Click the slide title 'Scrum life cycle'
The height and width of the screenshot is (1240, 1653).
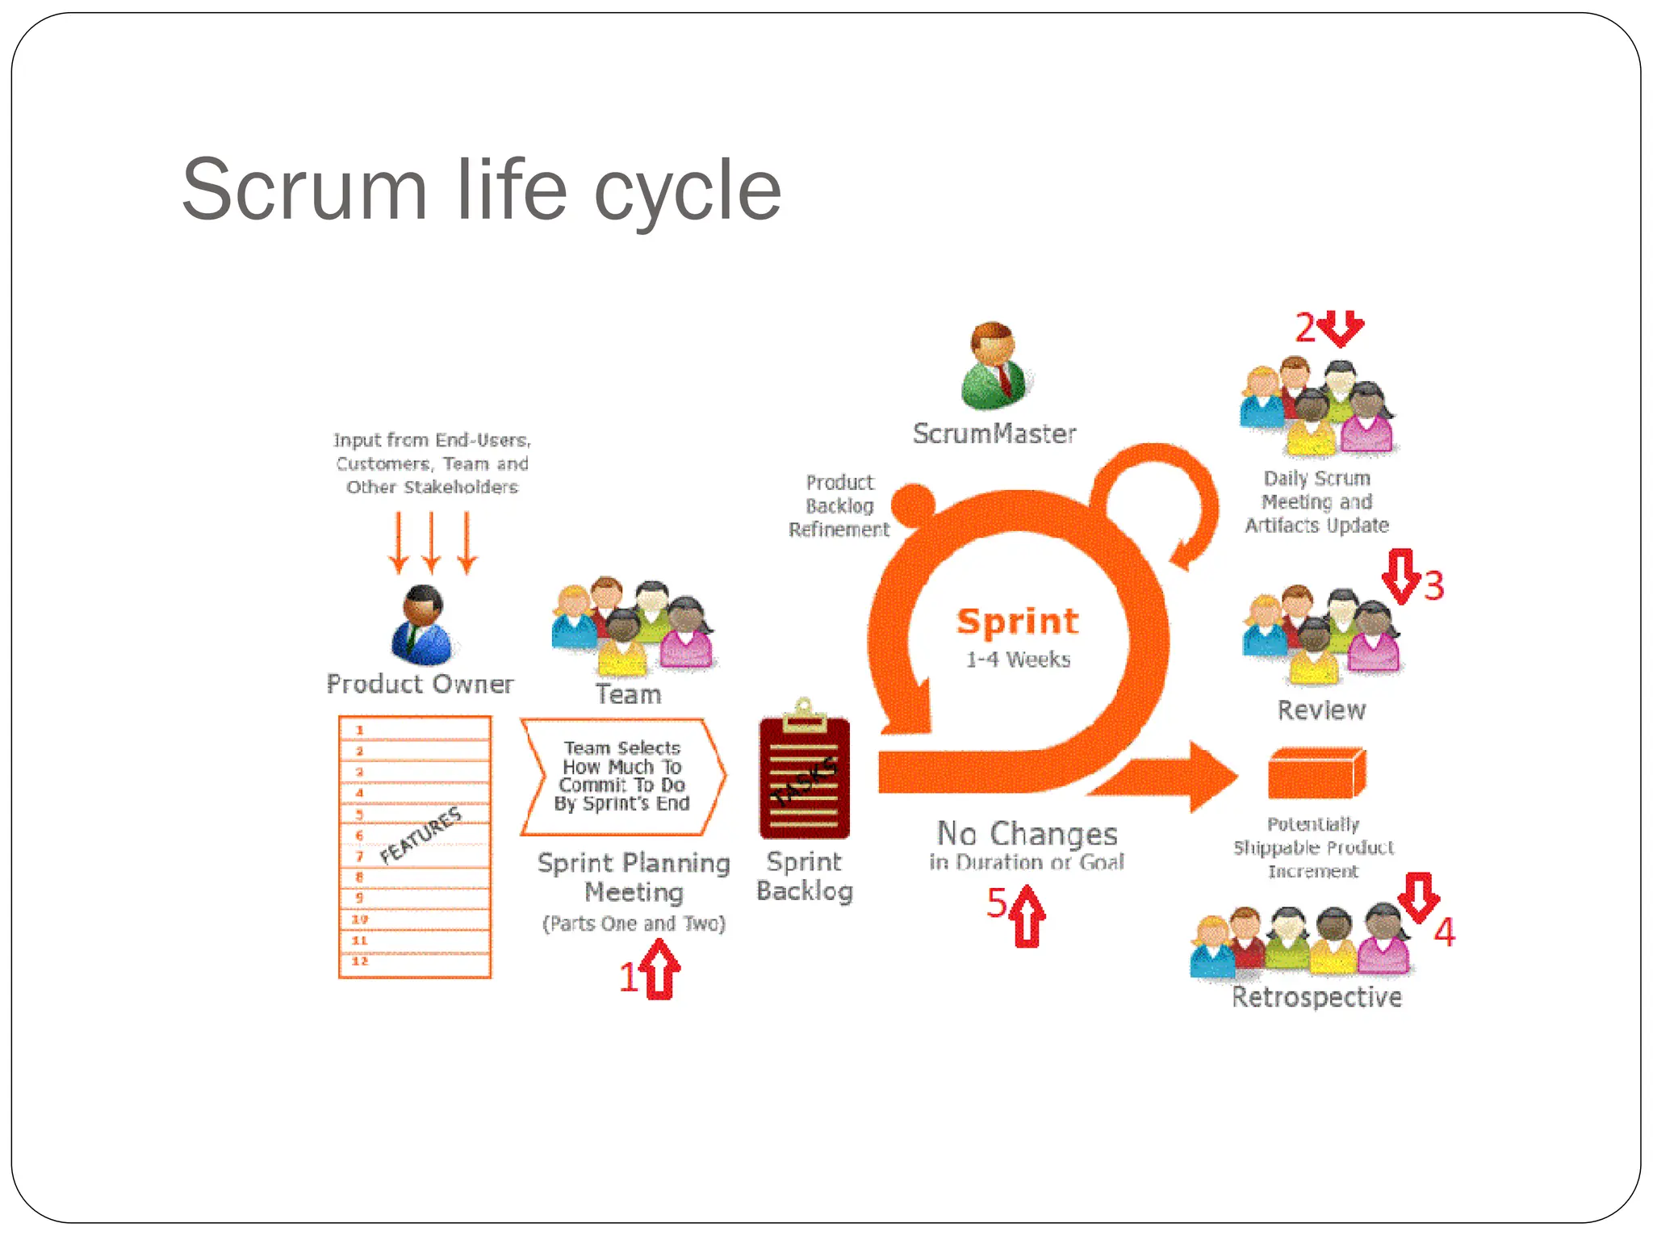[x=482, y=190]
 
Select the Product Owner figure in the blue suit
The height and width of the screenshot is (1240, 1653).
[x=421, y=626]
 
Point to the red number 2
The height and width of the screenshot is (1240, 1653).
[x=1305, y=329]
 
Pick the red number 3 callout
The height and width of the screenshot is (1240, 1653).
[x=1433, y=586]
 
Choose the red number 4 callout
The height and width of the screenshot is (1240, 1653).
[x=1444, y=932]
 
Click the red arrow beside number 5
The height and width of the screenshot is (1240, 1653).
[x=1027, y=915]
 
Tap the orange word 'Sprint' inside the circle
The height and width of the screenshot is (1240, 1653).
[x=1017, y=622]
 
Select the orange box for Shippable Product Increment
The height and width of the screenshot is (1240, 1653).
[x=1316, y=773]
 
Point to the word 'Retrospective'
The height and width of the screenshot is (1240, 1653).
[x=1316, y=997]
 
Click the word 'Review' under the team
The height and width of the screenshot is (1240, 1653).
[x=1321, y=710]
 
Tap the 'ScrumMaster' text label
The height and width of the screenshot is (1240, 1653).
[x=994, y=434]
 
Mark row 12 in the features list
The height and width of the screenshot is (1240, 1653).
[x=415, y=962]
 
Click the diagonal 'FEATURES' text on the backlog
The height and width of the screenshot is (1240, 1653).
[x=421, y=836]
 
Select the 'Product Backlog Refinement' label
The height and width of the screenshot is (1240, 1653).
[x=839, y=506]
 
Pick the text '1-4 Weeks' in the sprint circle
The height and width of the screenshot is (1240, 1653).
[x=1019, y=660]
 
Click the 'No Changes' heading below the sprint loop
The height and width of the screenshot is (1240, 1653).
[x=1027, y=833]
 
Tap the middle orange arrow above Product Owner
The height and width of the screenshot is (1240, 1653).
[x=432, y=542]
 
